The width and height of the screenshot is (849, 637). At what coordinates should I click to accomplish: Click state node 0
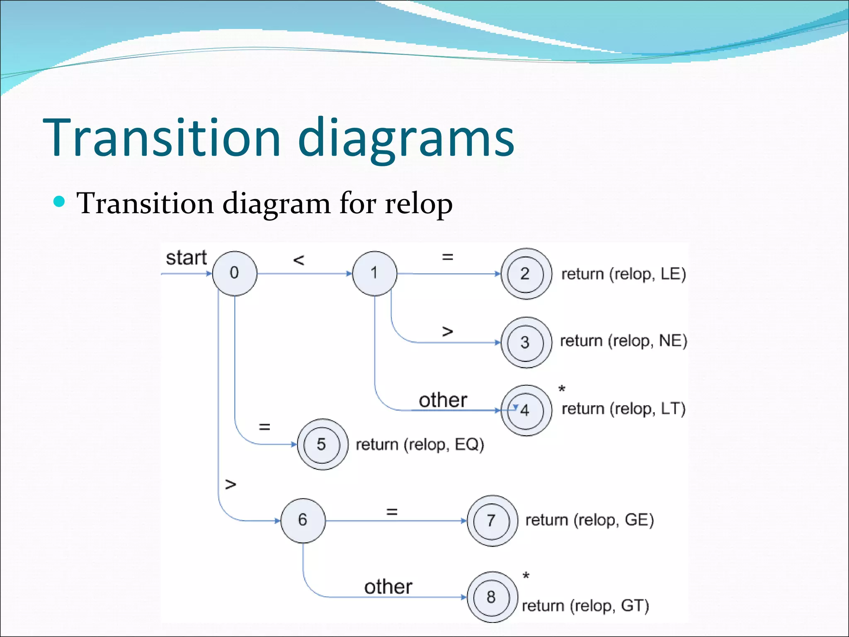[x=235, y=273]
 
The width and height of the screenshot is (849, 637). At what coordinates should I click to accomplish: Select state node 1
[x=374, y=273]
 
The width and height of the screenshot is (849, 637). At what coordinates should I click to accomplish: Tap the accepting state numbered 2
[x=526, y=274]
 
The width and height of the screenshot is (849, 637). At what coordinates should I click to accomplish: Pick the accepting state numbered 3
[x=526, y=343]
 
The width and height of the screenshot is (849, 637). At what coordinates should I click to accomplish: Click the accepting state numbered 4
[x=526, y=410]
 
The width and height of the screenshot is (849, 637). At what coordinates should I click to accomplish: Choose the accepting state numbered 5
[x=322, y=444]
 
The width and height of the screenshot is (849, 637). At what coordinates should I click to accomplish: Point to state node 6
[x=303, y=520]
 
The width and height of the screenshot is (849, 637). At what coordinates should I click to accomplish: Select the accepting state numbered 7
[x=492, y=520]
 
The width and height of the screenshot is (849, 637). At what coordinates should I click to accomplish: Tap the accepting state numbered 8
[x=492, y=597]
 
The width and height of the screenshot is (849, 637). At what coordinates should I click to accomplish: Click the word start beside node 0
[x=186, y=258]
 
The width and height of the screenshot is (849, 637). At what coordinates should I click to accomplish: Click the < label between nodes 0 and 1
[x=298, y=260]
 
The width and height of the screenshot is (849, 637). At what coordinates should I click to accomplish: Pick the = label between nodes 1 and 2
[x=447, y=257]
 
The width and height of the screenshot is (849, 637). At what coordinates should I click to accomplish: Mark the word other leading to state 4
[x=443, y=400]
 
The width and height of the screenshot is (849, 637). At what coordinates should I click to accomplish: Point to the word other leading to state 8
[x=388, y=587]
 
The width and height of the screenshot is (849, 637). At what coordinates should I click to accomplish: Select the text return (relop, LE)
[x=623, y=274]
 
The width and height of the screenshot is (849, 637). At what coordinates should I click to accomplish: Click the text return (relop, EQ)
[x=420, y=445]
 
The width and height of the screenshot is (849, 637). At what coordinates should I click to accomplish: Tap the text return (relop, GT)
[x=585, y=606]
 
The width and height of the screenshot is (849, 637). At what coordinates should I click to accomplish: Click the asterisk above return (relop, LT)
[x=562, y=389]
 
